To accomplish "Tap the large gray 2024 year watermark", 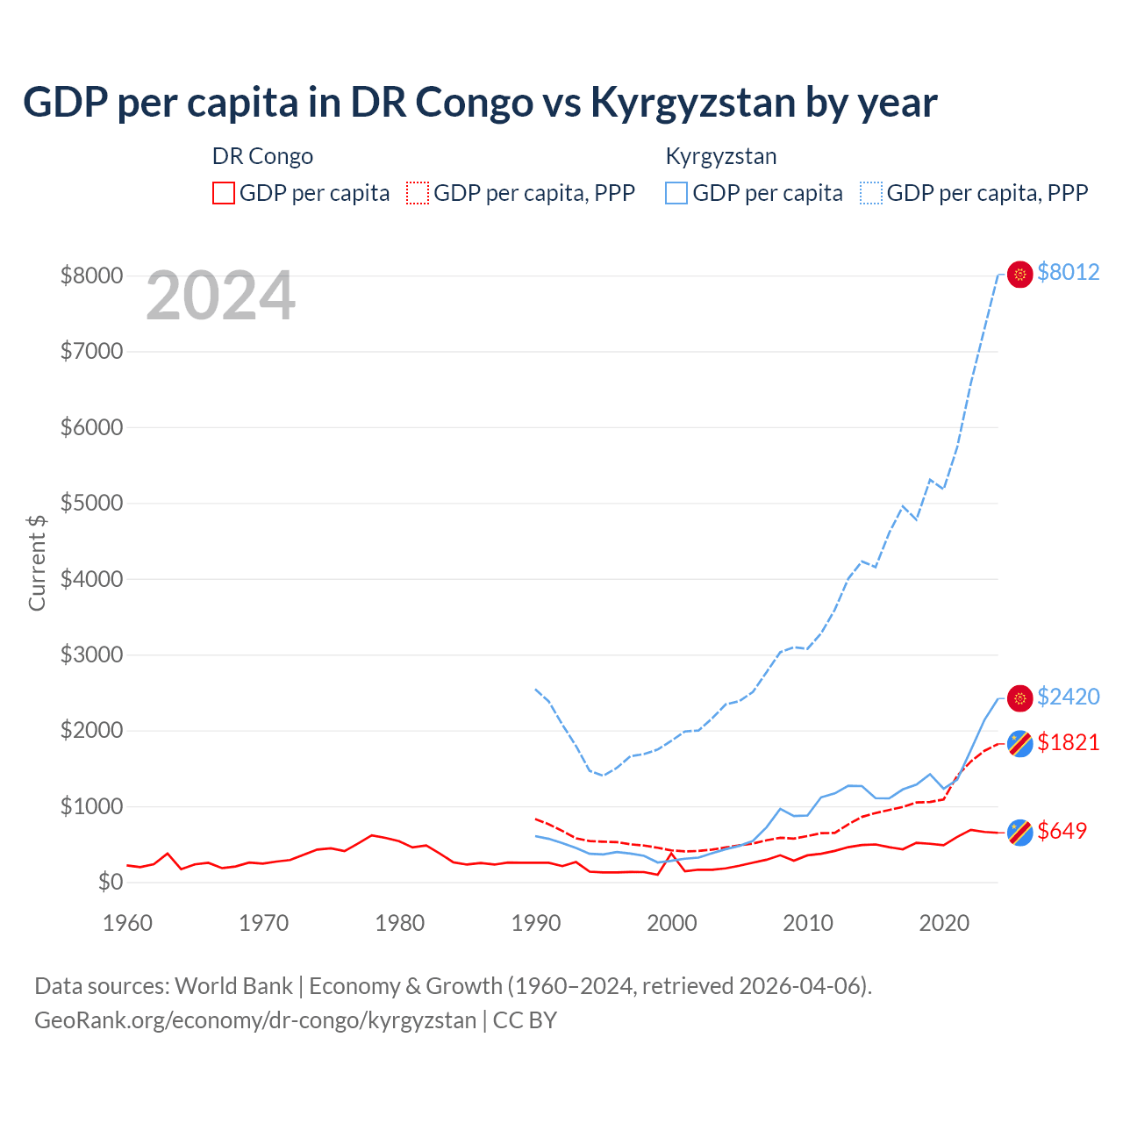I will [220, 297].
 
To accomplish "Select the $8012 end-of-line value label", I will [1068, 272].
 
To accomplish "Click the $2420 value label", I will [1068, 697].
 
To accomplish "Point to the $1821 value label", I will [1068, 742].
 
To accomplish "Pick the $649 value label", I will [1062, 831].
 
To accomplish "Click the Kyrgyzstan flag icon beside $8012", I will [1019, 275].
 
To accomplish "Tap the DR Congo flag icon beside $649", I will [1019, 832].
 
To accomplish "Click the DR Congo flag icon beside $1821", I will [1019, 743].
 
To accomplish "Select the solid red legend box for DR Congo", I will [224, 193].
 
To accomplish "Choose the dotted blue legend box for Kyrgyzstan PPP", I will [871, 193].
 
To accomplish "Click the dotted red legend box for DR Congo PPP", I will [418, 193].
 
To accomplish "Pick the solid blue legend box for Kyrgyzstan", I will [676, 193].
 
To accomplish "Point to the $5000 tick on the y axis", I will [91, 503].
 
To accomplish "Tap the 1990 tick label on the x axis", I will [536, 923].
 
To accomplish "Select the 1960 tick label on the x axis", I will [128, 923].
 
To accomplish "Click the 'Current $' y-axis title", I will [37, 562].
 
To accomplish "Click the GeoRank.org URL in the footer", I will [255, 1020].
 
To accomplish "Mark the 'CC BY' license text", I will [525, 1020].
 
